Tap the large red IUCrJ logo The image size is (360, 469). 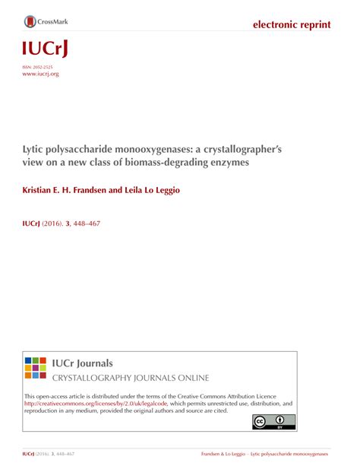tap(44, 50)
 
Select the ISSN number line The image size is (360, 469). tap(41, 68)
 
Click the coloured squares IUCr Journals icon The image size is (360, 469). tap(36, 367)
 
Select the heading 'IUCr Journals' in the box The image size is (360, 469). tap(82, 363)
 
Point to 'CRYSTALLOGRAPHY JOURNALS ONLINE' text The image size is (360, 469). tap(129, 378)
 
